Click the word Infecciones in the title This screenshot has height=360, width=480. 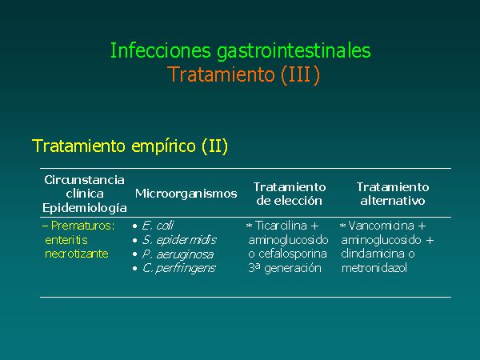[x=161, y=50]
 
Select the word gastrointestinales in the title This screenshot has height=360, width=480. [x=294, y=51]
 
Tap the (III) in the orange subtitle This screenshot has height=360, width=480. [x=300, y=74]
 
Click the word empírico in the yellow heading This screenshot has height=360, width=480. [x=163, y=146]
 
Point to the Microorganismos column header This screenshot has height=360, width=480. [x=186, y=194]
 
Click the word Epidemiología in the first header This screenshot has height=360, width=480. [x=85, y=208]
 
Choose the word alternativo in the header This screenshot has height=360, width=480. [x=393, y=201]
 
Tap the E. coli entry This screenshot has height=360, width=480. [x=158, y=226]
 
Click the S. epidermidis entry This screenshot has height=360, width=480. [x=179, y=240]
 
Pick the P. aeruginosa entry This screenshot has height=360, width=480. [x=178, y=254]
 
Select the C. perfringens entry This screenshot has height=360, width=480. [x=179, y=269]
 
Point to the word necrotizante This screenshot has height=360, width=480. [x=77, y=254]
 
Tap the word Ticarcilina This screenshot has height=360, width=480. [x=281, y=226]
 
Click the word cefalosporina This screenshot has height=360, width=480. [x=292, y=254]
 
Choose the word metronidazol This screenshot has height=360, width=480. [x=374, y=268]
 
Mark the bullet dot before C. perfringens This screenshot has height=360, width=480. [x=134, y=269]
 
